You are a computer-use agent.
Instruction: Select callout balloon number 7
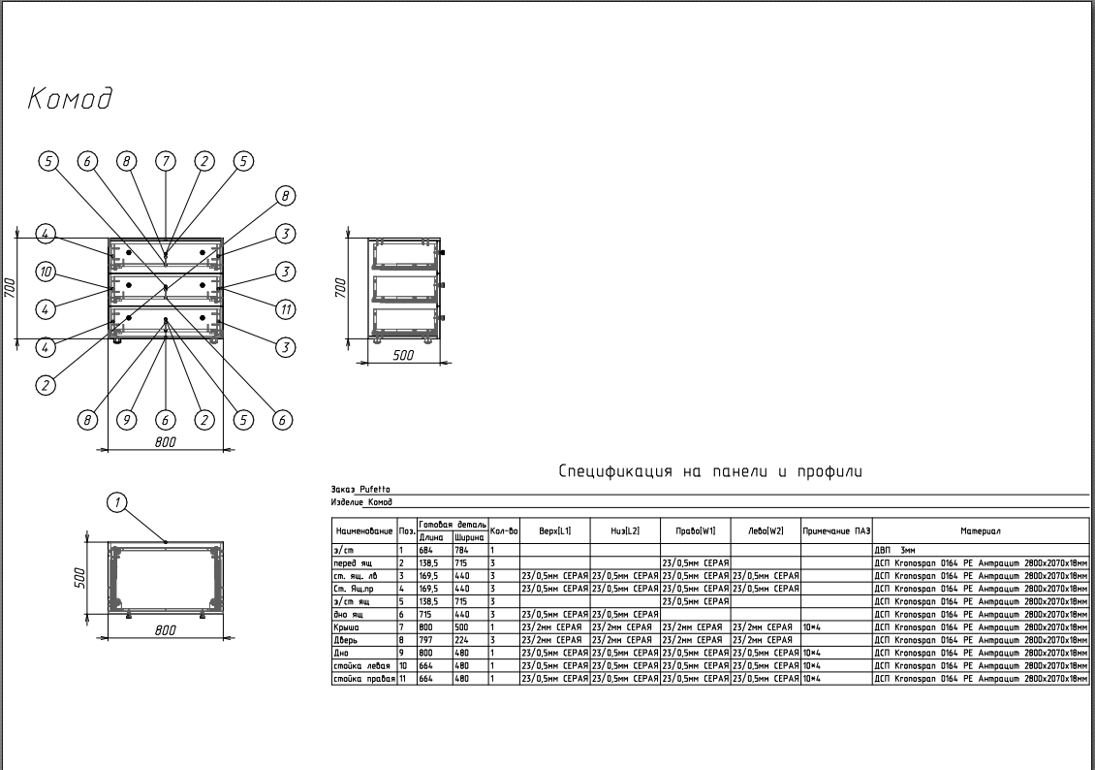click(x=166, y=162)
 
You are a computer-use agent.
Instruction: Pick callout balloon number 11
click(x=285, y=309)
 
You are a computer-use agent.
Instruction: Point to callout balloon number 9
click(x=126, y=420)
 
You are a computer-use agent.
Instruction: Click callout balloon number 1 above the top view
click(x=117, y=501)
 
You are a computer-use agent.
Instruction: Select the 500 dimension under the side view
click(x=403, y=356)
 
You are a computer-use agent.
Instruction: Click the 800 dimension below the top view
click(x=166, y=630)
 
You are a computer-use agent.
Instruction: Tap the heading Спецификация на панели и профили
click(x=709, y=471)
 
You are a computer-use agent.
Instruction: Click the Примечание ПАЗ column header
click(x=836, y=530)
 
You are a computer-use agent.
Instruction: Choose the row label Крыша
click(x=346, y=627)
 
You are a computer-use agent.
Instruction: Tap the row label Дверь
click(x=347, y=640)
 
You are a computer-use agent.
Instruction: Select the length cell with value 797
click(x=426, y=640)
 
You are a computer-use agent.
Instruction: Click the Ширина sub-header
click(x=469, y=536)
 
